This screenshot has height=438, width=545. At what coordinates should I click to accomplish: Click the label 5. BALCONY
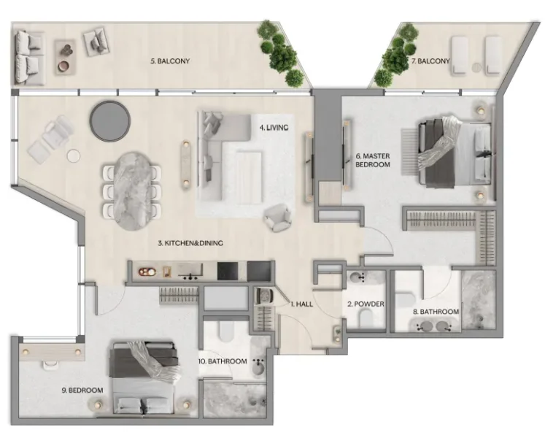point(169,61)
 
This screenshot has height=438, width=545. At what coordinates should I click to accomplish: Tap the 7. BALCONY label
point(430,61)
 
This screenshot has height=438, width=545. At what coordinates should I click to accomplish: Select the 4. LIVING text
point(274,127)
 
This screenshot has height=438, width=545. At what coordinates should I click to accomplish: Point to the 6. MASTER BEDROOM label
point(372,160)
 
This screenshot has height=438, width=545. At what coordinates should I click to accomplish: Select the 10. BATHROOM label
point(221,361)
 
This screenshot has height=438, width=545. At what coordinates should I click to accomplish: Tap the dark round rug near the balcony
point(108,115)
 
